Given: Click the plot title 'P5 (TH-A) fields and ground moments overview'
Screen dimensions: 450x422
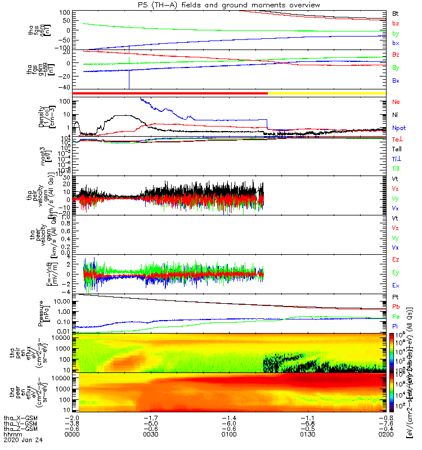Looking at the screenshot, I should click(233, 5).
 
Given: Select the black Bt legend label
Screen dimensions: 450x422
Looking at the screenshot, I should click(396, 12).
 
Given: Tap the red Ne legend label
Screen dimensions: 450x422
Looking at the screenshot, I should click(396, 102).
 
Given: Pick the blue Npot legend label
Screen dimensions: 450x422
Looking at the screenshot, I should click(398, 128).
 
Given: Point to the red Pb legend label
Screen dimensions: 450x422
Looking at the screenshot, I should click(396, 307).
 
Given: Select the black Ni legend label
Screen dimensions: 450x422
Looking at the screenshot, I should click(396, 115).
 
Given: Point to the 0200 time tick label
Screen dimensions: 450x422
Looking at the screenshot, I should click(382, 434).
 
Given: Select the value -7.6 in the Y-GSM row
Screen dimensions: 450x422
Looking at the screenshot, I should click(382, 423).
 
